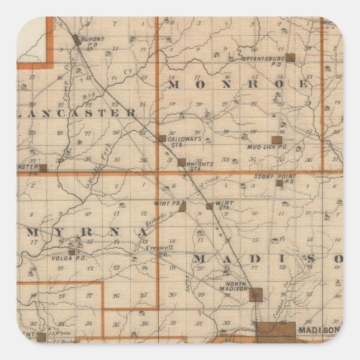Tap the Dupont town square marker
[76, 40]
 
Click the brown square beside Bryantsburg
[290, 58]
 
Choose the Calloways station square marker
[162, 138]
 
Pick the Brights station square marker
[181, 162]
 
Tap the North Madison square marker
[255, 295]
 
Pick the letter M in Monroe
[173, 84]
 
